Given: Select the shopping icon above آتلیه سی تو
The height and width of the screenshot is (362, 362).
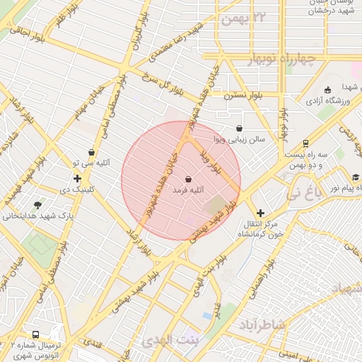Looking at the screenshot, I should pyautogui.click(x=91, y=152).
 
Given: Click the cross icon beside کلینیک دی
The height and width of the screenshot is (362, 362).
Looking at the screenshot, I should pyautogui.click(x=77, y=178).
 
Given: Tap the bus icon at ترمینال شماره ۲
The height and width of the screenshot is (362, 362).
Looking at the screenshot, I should pyautogui.click(x=35, y=334).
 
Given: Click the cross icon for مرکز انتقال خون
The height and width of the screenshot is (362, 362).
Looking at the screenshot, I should pyautogui.click(x=260, y=212).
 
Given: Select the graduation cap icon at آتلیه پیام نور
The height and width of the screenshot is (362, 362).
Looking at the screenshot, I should pyautogui.click(x=356, y=177).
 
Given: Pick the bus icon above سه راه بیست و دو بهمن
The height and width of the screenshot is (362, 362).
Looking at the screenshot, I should pyautogui.click(x=305, y=141).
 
